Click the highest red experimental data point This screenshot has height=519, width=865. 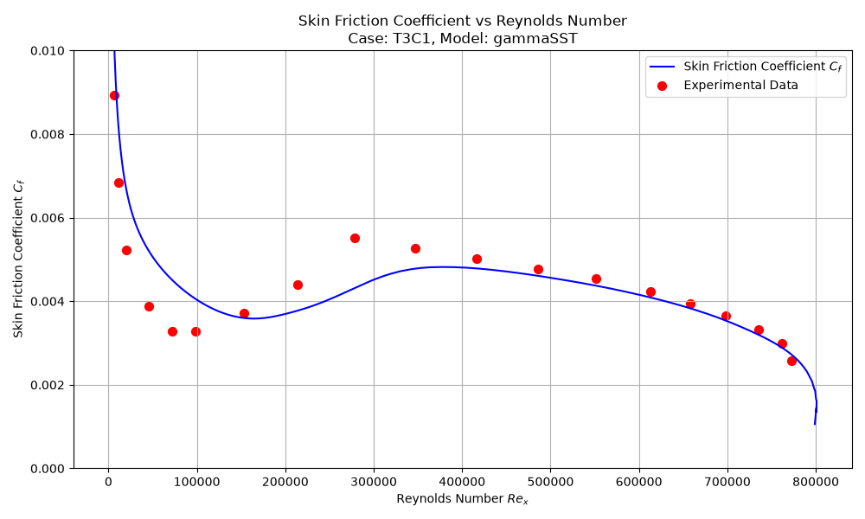[114, 95]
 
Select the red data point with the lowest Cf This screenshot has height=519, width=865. [791, 362]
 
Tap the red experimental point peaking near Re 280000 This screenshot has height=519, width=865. [355, 238]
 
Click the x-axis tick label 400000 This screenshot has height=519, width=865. [462, 482]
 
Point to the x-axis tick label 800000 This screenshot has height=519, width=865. [816, 482]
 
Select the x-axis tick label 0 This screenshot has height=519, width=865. [109, 482]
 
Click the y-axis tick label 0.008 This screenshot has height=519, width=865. [48, 135]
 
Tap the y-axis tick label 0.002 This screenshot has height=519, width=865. [48, 385]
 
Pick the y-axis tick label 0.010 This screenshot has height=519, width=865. [48, 51]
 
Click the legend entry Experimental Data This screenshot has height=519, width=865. [740, 85]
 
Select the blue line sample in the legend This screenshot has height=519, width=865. [662, 67]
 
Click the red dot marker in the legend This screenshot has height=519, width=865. [662, 86]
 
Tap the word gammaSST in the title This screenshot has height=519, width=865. [535, 39]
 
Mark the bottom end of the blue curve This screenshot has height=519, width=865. [815, 424]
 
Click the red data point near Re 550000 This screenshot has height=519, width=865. [596, 279]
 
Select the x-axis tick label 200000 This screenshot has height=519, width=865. [285, 482]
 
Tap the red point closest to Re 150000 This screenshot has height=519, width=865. [244, 314]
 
